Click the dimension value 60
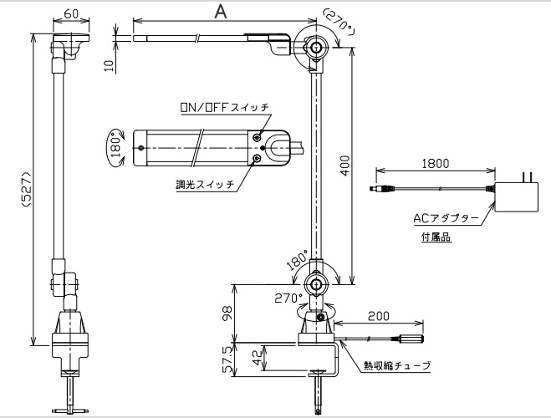[70, 14]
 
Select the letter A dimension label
[221, 11]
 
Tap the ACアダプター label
[446, 218]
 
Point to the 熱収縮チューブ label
[396, 366]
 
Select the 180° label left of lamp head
[116, 146]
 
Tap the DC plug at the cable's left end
[381, 191]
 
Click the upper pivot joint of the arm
[316, 48]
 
